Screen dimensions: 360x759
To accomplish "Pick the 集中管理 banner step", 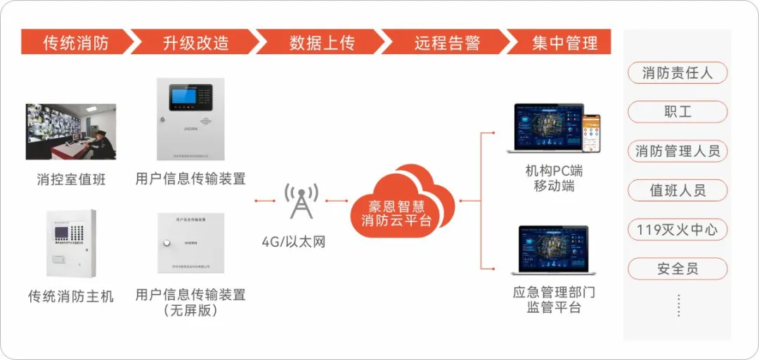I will click(564, 42).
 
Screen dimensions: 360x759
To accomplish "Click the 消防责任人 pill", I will click(677, 72).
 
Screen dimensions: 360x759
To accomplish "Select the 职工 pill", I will click(677, 112).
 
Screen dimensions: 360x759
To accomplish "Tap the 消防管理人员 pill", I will click(677, 150).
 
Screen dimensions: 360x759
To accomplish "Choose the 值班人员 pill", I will click(677, 190).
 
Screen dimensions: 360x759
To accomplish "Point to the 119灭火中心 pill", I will click(677, 229).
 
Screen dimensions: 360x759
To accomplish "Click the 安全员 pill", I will click(677, 269).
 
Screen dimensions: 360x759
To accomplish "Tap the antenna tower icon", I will click(301, 201).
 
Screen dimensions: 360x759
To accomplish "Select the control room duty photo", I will click(71, 131).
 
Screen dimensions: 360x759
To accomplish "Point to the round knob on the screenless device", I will click(167, 243).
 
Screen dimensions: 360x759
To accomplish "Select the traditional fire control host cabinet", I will click(71, 243).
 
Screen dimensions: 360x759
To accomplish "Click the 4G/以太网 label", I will click(294, 242).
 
